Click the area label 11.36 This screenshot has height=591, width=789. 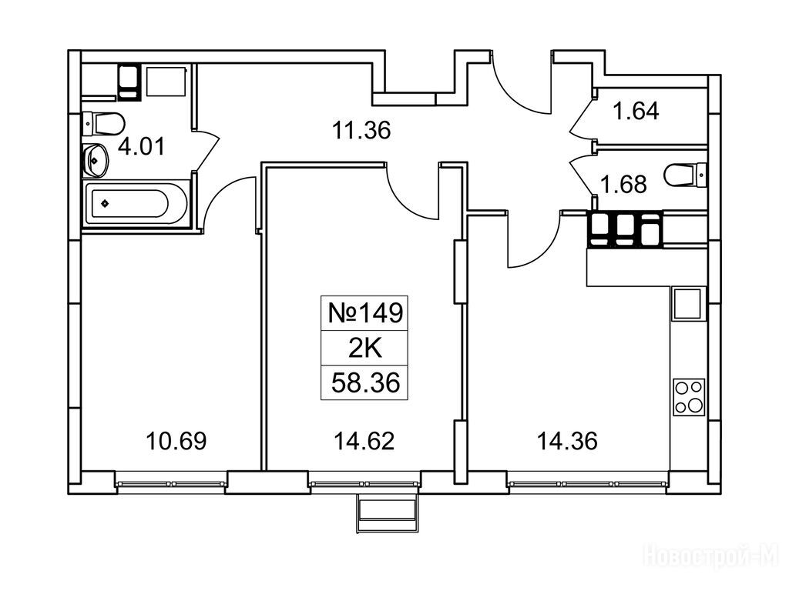coord(361,131)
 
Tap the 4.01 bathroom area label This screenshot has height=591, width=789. coord(142,147)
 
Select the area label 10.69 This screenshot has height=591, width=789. coord(176,441)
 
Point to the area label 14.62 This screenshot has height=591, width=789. coord(364,441)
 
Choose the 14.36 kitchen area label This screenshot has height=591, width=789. coord(567,441)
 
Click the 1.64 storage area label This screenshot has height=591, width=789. coord(636,111)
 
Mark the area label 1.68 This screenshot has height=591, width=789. coord(624,185)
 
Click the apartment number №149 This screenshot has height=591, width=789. coord(365,313)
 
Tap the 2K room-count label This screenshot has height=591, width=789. coord(365,348)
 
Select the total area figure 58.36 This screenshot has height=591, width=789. coord(365,383)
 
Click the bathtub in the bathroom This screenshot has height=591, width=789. coord(136,203)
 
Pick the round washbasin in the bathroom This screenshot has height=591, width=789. coord(95,160)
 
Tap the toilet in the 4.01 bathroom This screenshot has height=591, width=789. coord(104,123)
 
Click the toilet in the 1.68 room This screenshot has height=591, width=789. coord(685,175)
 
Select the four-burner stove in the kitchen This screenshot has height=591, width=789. coord(689,397)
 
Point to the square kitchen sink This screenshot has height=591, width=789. coord(687,303)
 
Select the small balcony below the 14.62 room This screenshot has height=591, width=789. coord(387,513)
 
